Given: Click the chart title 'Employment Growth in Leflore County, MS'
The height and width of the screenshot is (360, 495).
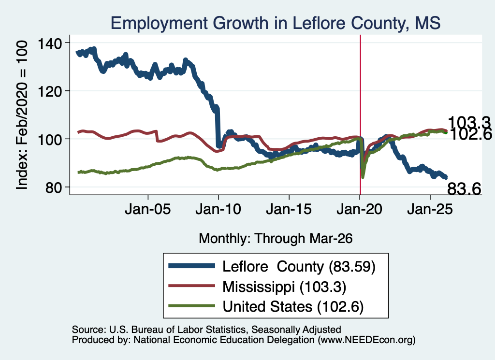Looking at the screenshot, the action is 275,23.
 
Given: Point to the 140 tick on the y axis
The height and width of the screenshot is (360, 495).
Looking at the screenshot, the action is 50,43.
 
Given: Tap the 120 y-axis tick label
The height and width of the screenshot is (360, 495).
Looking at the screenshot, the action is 50,91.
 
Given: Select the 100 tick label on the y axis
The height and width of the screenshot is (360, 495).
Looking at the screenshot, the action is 50,140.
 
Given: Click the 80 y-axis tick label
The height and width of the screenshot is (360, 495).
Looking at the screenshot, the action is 54,187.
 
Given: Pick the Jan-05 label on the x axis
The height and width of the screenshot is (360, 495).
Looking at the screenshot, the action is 148,209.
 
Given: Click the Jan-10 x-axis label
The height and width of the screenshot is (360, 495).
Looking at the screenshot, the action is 218,209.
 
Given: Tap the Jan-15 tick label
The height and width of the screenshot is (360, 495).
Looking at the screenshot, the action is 289,209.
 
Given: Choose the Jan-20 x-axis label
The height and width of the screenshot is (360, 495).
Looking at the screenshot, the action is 359,209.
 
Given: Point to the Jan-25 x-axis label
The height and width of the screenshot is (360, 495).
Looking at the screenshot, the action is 430,209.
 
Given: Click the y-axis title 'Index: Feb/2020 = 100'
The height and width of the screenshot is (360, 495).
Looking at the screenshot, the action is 22,115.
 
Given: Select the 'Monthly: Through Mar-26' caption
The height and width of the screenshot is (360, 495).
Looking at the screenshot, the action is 276,239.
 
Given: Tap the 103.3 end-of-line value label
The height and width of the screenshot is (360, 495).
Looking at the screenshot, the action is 469,122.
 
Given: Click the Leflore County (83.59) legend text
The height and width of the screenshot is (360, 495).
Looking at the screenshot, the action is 299,267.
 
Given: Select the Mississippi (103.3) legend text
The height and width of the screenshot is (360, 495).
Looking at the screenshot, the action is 284,287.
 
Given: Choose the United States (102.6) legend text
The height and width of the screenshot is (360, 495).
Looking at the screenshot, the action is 293,307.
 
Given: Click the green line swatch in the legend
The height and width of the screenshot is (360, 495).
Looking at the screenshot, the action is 191,306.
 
